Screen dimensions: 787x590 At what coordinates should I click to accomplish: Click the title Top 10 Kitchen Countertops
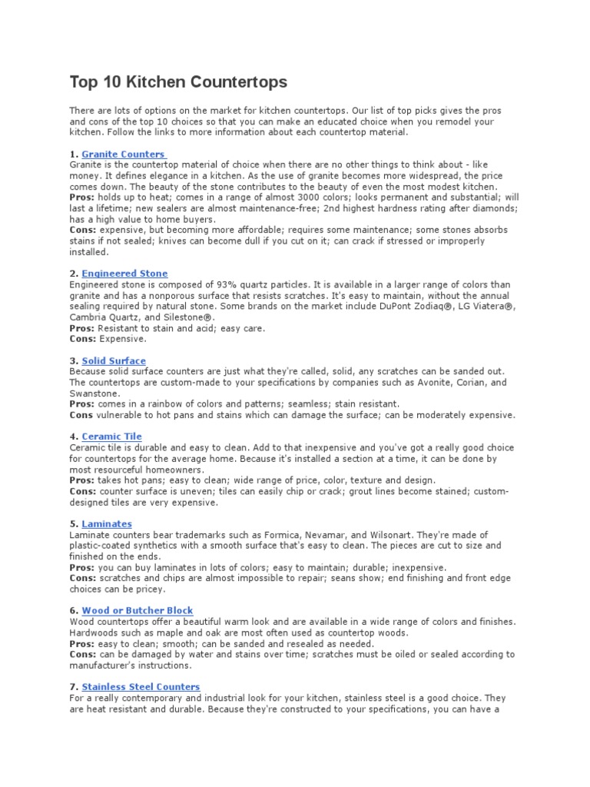178,81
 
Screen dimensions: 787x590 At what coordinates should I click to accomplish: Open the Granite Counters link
123,154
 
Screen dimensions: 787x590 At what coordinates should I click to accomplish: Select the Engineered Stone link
124,274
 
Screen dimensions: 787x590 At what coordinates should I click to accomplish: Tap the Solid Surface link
114,360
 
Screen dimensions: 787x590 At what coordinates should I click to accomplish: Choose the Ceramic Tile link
111,437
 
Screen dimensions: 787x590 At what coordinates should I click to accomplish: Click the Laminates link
107,524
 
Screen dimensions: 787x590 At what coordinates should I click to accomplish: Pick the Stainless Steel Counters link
141,686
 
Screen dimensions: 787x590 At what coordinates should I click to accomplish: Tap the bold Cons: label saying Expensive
83,338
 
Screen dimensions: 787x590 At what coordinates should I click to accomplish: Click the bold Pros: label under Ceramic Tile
82,480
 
